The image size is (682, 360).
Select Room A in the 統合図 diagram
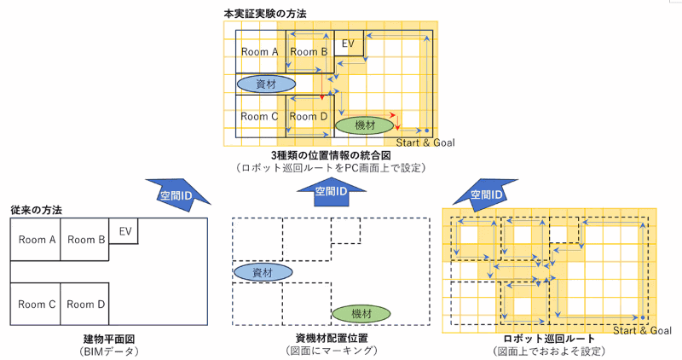click(260, 52)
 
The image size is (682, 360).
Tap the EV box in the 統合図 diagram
click(348, 44)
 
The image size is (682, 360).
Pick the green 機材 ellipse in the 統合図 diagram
click(363, 125)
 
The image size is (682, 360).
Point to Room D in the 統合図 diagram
click(308, 116)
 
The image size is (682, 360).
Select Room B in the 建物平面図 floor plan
click(85, 240)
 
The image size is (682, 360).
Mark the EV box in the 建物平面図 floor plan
click(124, 230)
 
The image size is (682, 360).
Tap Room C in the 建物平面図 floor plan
click(36, 304)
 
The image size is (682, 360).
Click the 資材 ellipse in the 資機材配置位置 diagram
click(263, 272)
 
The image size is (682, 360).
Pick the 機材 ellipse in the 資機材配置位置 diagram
click(358, 313)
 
